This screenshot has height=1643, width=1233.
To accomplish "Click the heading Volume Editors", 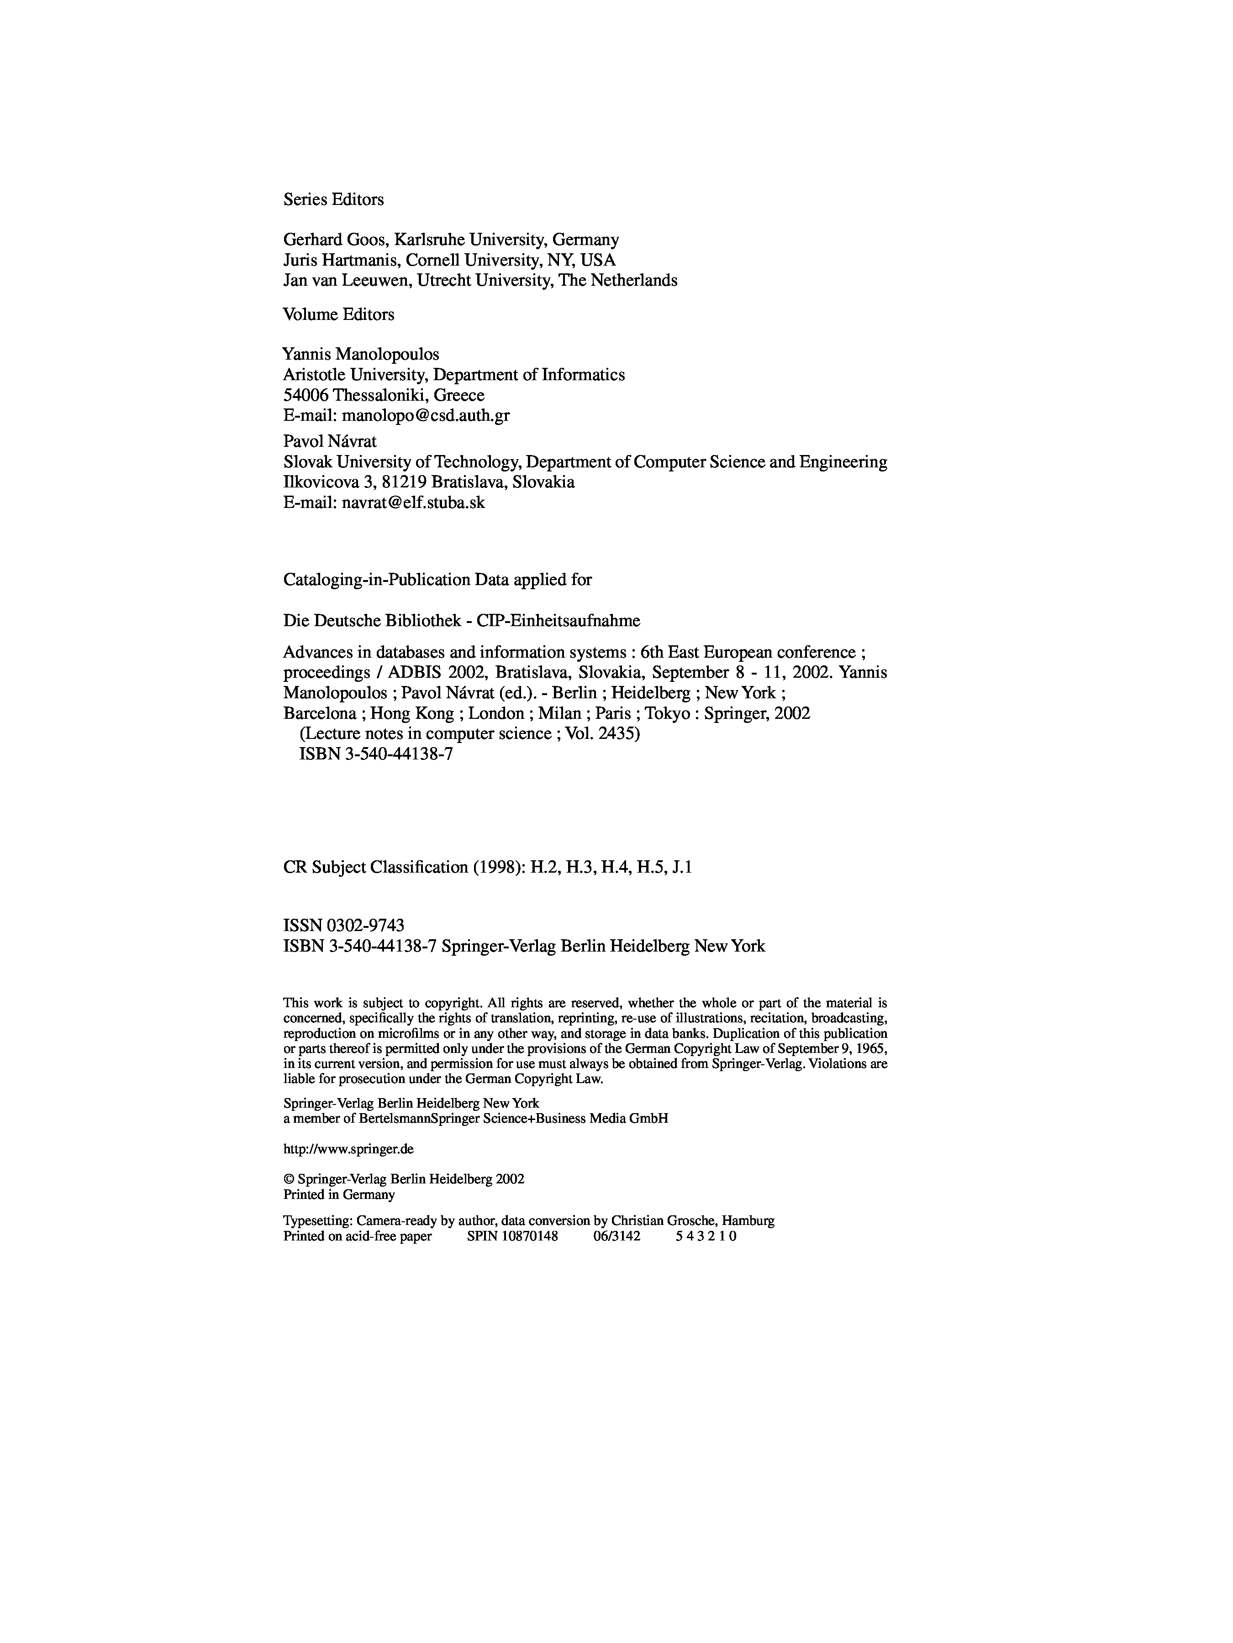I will point(338,314).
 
